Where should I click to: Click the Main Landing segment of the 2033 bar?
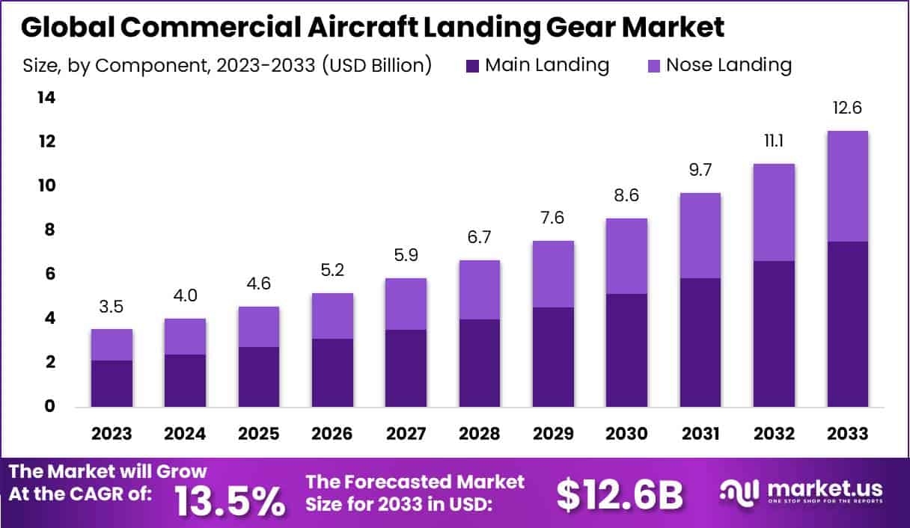click(848, 324)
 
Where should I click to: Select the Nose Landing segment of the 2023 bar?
click(112, 345)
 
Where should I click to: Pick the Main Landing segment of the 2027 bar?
click(406, 368)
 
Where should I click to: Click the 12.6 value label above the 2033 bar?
click(848, 108)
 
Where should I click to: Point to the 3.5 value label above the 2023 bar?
click(112, 306)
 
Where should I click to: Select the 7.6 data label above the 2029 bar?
click(554, 218)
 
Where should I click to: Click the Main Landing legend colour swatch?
click(472, 66)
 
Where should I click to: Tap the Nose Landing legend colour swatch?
click(653, 66)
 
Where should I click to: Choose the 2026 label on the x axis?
click(333, 434)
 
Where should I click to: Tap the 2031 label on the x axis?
click(700, 434)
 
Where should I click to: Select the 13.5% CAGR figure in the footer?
click(230, 500)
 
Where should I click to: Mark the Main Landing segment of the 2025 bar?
click(259, 376)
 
